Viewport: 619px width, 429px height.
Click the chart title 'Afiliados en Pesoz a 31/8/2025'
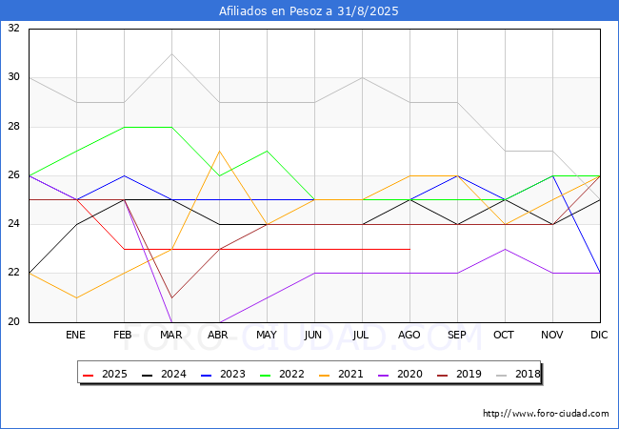pyautogui.click(x=309, y=11)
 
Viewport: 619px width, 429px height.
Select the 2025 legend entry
pyautogui.click(x=105, y=374)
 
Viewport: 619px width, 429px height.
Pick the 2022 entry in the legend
pyautogui.click(x=282, y=374)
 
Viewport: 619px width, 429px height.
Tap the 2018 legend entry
pyautogui.click(x=518, y=374)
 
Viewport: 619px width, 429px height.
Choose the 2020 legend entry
pyautogui.click(x=400, y=374)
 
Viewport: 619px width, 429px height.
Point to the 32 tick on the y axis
pyautogui.click(x=14, y=28)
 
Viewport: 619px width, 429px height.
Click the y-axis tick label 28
pyautogui.click(x=14, y=127)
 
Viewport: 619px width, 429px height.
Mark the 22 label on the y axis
pyautogui.click(x=14, y=273)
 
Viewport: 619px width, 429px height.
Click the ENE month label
pyautogui.click(x=75, y=335)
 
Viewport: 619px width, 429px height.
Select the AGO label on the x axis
pyautogui.click(x=409, y=335)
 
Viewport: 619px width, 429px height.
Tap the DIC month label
pyautogui.click(x=599, y=335)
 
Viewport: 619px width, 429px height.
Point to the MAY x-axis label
pyautogui.click(x=267, y=335)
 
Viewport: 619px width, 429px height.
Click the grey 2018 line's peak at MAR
pyautogui.click(x=171, y=53)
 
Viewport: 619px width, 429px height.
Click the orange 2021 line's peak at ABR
pyautogui.click(x=219, y=152)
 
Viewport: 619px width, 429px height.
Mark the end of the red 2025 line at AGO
pyautogui.click(x=410, y=249)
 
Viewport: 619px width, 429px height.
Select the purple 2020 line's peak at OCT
pyautogui.click(x=506, y=249)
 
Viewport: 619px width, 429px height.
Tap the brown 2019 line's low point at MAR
pyautogui.click(x=171, y=297)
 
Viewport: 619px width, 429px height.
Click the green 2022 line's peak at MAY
pyautogui.click(x=268, y=152)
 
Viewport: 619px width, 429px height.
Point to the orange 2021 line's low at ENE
pyautogui.click(x=76, y=297)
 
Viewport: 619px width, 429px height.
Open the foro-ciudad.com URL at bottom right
pyautogui.click(x=546, y=414)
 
